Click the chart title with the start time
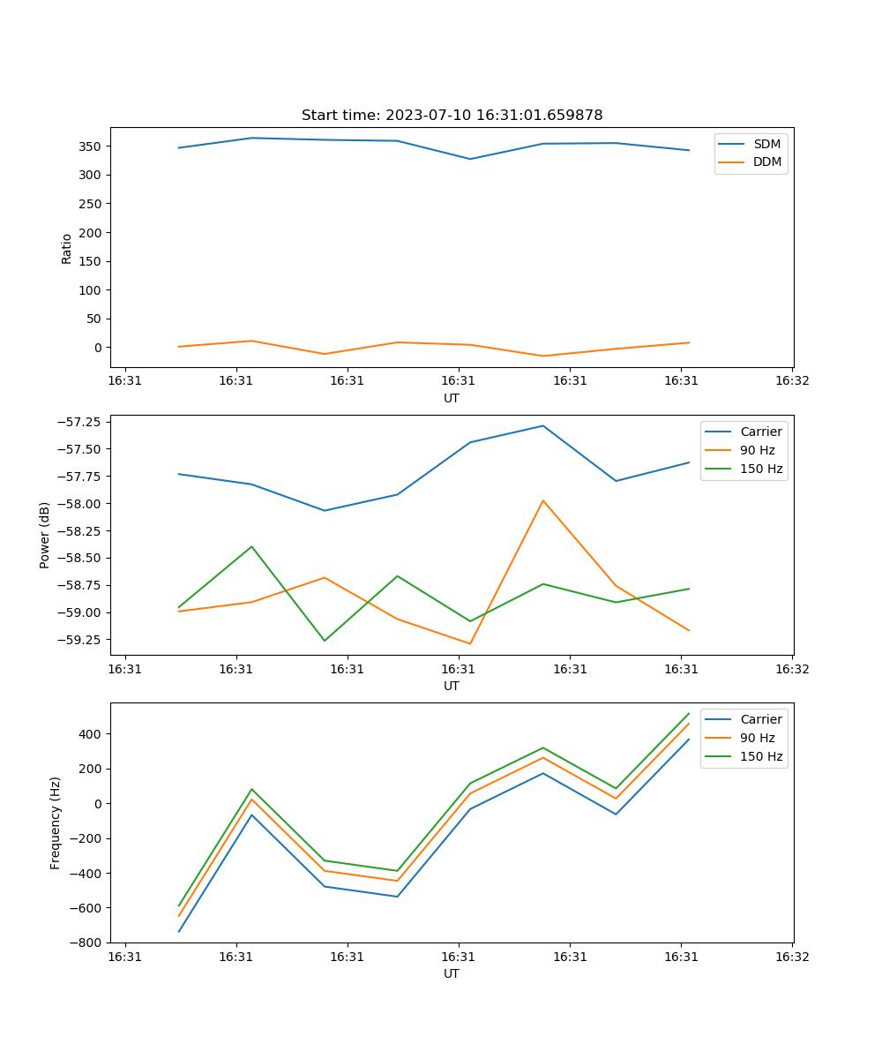point(452,116)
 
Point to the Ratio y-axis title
point(67,249)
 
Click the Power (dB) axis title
point(45,535)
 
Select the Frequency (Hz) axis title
point(56,822)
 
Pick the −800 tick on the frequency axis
point(86,943)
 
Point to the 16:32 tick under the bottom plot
point(791,956)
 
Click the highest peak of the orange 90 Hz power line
point(543,500)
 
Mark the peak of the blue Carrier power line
point(543,426)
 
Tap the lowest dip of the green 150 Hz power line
point(325,641)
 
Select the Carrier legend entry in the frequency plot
point(760,719)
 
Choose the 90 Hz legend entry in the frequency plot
point(757,738)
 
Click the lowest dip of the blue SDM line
point(470,159)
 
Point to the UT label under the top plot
point(452,398)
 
